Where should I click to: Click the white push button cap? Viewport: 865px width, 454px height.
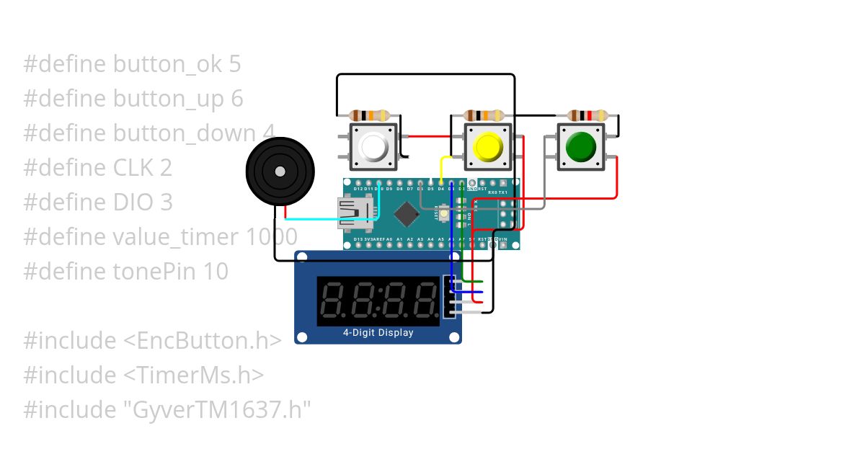373,147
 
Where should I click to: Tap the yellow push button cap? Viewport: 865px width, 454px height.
487,147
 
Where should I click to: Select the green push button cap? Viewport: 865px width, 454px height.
581,146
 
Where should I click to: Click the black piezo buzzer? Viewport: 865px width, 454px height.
280,172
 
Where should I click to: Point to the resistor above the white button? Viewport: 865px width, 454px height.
369,115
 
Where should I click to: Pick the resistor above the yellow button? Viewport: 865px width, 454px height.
484,115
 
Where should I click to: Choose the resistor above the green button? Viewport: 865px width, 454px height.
587,115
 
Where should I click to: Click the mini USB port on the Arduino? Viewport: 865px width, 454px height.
358,213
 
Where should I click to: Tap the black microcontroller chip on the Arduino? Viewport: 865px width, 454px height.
407,213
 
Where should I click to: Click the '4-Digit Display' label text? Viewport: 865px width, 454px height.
378,332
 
